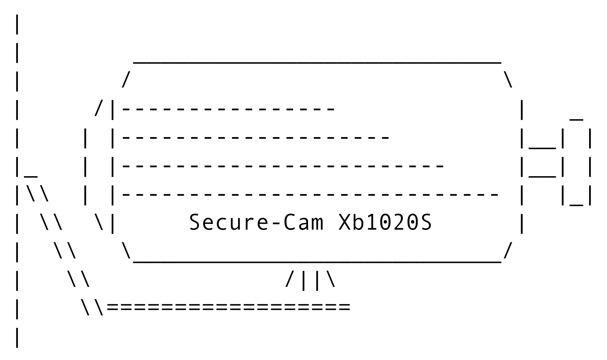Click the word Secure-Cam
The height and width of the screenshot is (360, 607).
[x=256, y=222]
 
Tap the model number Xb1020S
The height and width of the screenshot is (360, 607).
[x=385, y=222]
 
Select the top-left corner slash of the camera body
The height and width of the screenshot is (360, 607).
[x=126, y=80]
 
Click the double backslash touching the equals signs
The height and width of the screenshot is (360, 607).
[x=92, y=307]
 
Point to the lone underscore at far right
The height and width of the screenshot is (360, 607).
[x=576, y=120]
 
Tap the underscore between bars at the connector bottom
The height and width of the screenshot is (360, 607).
[x=576, y=205]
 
